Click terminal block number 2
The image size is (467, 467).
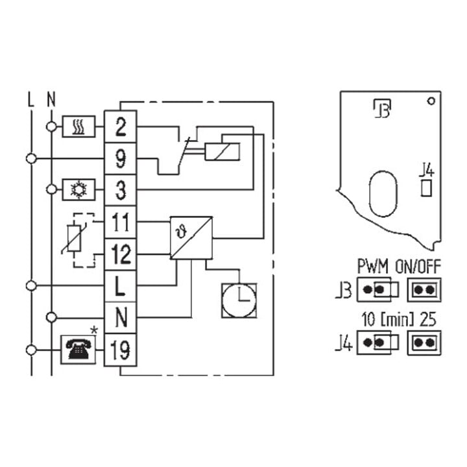click(121, 126)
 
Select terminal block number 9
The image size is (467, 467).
click(121, 158)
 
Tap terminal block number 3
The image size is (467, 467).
click(121, 190)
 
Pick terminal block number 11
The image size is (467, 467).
click(121, 222)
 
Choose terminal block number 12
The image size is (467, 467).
click(121, 254)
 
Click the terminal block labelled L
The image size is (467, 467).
click(121, 286)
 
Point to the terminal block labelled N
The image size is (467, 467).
click(121, 317)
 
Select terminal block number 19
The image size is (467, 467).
click(121, 350)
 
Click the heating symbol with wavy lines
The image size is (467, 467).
click(78, 126)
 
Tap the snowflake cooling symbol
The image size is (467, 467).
click(78, 189)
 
